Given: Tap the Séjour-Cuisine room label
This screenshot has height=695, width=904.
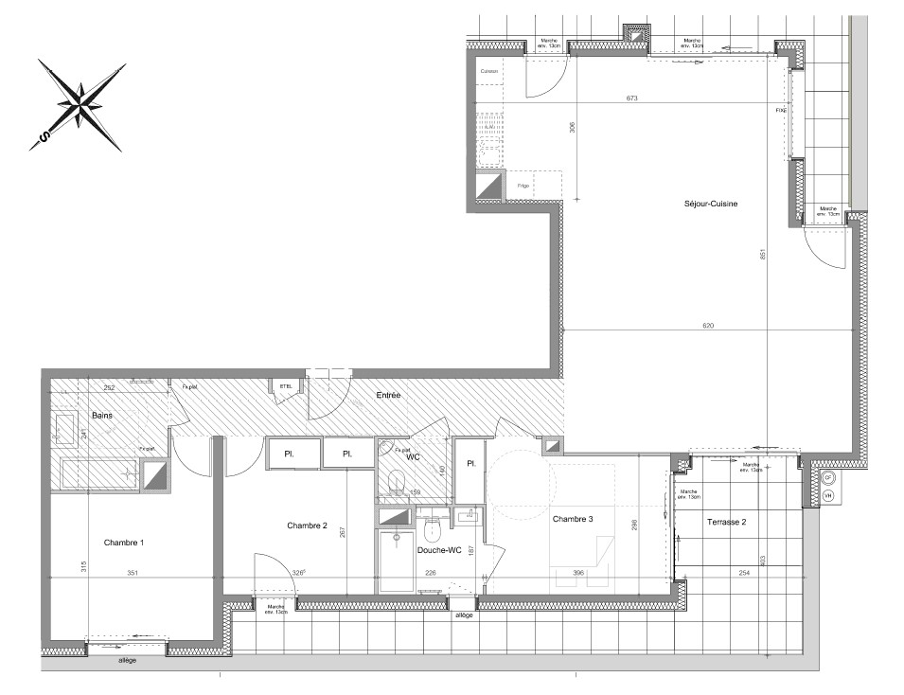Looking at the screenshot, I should [712, 204].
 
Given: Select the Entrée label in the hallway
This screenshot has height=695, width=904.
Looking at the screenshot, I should [388, 395].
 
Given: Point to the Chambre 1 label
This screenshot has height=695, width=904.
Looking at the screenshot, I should [124, 543].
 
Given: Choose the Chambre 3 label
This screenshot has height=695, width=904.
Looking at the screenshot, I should [573, 518].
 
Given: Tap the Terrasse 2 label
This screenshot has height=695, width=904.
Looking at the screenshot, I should [726, 522].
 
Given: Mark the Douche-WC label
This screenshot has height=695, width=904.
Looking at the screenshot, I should [438, 550].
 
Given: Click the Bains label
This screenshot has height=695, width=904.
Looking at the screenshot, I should [103, 416].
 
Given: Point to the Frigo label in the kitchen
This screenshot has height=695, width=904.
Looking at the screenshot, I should [523, 186].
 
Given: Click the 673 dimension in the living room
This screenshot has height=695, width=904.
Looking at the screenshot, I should [631, 98].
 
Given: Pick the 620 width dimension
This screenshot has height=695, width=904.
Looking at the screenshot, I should [708, 326].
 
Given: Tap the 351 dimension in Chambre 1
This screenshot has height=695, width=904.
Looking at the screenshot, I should [133, 572].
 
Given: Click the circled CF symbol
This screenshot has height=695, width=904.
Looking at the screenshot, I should [828, 479].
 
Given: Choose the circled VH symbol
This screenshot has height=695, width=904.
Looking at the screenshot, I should [828, 495].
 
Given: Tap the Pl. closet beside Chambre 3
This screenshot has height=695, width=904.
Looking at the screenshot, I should [469, 463].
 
